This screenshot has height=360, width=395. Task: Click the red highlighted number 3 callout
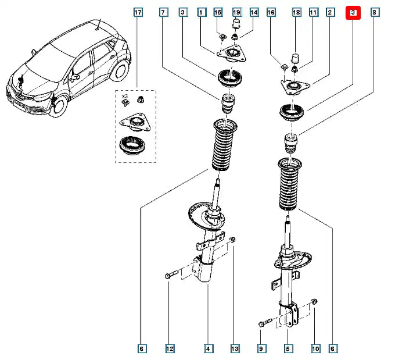[353, 12]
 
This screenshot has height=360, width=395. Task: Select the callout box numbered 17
[138, 12]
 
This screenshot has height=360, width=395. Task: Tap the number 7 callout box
[163, 12]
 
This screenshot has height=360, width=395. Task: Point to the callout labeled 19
[236, 12]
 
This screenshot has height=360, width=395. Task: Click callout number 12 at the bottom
[169, 349]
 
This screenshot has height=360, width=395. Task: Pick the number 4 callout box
[207, 349]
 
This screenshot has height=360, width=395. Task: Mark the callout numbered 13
[234, 349]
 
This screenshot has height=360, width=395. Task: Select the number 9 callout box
[261, 349]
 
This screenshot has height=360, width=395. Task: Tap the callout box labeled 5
[288, 349]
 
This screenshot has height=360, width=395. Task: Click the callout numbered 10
[315, 349]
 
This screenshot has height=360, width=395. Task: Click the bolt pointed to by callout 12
[169, 274]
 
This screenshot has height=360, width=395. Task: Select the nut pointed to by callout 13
[232, 240]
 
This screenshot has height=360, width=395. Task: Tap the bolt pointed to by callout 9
[263, 323]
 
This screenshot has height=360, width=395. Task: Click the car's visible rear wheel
[120, 69]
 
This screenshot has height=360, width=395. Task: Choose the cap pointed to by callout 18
[295, 58]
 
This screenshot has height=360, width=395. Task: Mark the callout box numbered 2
[330, 12]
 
